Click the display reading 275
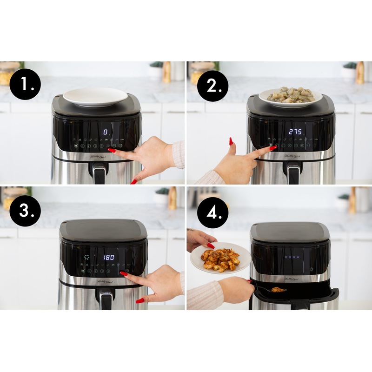[295, 132]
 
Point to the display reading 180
[109, 257]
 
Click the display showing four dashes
[292, 256]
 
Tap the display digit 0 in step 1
[105, 132]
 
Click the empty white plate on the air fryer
[95, 97]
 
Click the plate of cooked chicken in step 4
[220, 259]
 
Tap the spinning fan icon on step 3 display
[86, 257]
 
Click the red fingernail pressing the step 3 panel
[123, 273]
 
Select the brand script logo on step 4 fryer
[292, 279]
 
